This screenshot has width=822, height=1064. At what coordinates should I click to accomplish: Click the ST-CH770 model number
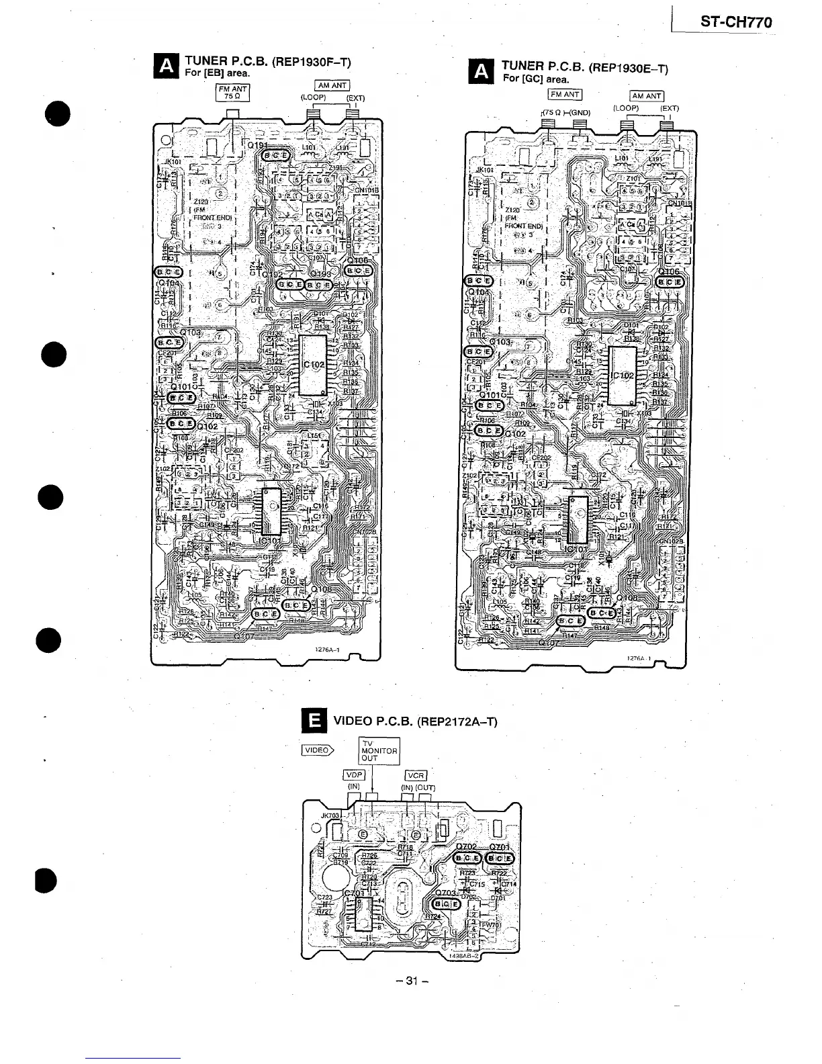(735, 22)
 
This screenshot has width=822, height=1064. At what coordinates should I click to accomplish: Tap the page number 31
(410, 981)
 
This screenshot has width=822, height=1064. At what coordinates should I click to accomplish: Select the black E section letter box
(313, 721)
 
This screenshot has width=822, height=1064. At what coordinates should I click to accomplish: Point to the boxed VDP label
(353, 775)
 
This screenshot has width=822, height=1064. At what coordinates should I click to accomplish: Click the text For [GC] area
(536, 79)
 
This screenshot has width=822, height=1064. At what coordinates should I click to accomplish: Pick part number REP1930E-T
(629, 68)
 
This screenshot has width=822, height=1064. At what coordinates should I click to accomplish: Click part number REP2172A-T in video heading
(457, 722)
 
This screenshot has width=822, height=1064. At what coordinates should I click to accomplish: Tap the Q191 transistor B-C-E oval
(274, 156)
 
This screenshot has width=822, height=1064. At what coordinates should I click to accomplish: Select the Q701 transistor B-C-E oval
(500, 858)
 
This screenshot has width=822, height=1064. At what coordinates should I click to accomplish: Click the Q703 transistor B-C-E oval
(447, 903)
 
